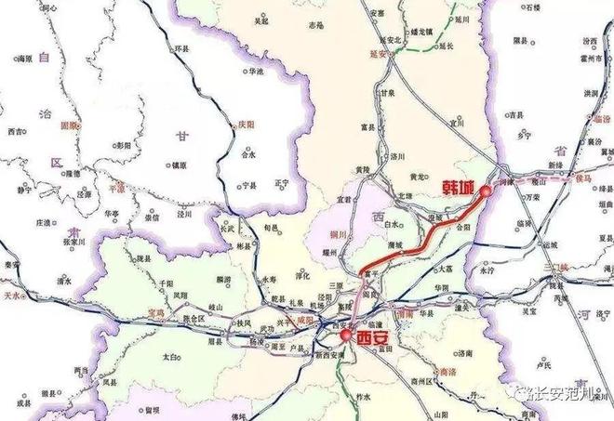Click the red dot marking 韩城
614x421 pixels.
click(485, 191)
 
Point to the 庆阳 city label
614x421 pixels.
click(247, 124)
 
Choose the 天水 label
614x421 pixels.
click(13, 295)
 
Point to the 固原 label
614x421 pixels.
click(69, 125)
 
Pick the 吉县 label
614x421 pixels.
click(515, 116)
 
